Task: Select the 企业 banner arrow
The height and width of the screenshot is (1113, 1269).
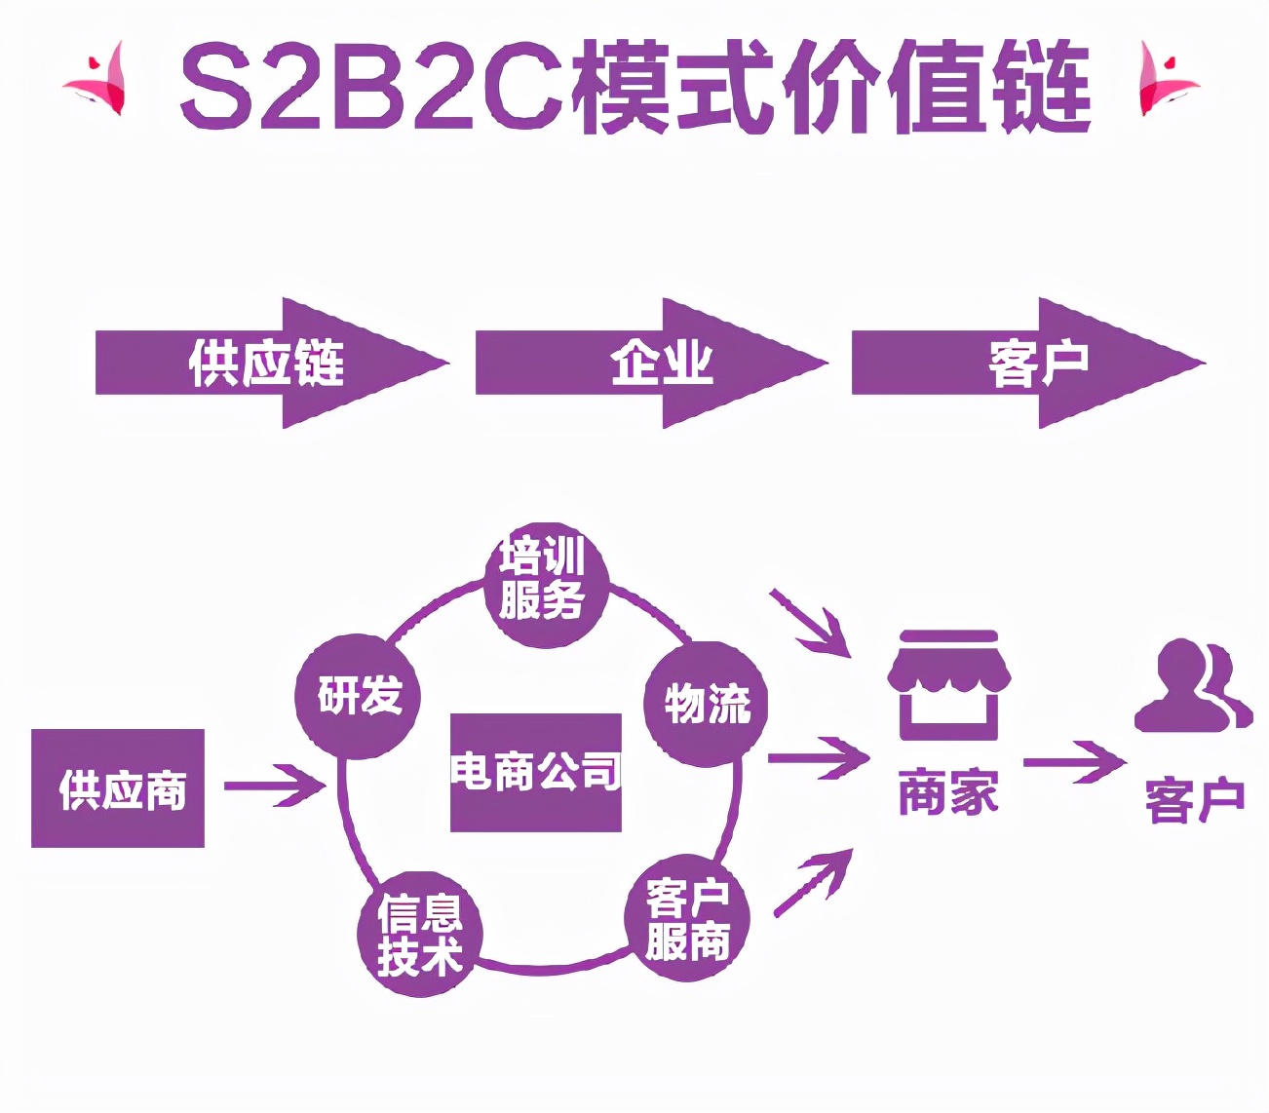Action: (x=648, y=363)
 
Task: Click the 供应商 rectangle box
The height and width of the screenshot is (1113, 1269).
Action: (x=118, y=788)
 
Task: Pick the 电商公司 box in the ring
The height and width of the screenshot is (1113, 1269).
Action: (x=535, y=772)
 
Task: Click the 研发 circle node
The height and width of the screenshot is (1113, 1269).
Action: (x=358, y=696)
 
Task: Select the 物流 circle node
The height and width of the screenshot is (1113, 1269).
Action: (x=707, y=702)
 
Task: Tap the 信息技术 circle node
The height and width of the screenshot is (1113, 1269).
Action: (x=420, y=934)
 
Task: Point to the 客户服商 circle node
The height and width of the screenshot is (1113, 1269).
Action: (x=687, y=919)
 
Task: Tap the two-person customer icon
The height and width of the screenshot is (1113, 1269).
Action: (x=1193, y=686)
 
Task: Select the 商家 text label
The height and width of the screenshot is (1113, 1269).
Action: (x=948, y=791)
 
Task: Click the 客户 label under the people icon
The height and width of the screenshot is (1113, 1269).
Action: (x=1195, y=800)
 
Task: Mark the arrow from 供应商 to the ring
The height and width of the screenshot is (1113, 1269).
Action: (x=275, y=786)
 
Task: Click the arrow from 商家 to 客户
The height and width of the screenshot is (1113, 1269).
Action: (x=1074, y=762)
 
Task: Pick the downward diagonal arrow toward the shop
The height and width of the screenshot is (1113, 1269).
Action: (x=811, y=622)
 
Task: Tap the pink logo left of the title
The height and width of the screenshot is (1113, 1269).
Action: (x=97, y=78)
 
